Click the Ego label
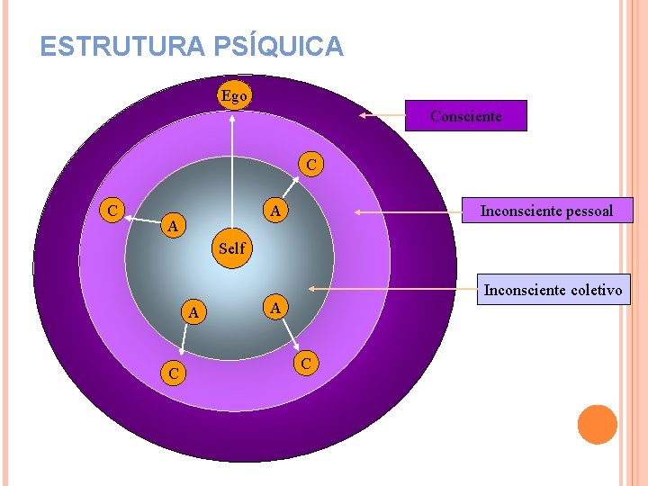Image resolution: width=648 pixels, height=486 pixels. (x=233, y=96)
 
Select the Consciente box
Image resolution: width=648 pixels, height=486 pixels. (x=465, y=116)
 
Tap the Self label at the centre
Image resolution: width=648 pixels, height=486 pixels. (x=231, y=247)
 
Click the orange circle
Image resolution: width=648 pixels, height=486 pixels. (x=598, y=425)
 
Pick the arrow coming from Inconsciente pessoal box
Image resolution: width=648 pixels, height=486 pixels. (x=407, y=212)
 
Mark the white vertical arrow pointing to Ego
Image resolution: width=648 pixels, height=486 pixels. (x=232, y=171)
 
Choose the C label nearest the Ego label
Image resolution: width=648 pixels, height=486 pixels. (x=310, y=166)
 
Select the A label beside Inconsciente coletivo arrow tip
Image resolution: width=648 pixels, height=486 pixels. (x=278, y=306)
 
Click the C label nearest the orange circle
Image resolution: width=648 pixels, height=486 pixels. (x=307, y=364)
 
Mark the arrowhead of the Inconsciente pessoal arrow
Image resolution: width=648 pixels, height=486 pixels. (x=355, y=212)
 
